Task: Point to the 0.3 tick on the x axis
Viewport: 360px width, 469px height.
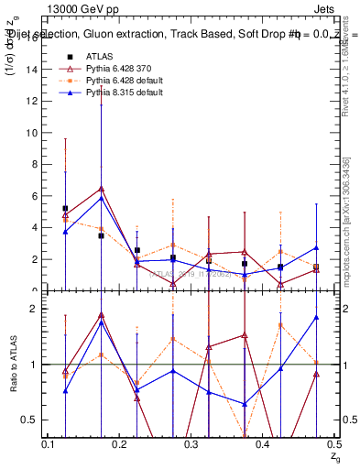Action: pyautogui.click(x=191, y=444)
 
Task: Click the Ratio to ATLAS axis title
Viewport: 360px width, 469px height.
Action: pyautogui.click(x=12, y=365)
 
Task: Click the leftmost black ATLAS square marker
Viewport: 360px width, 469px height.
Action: pyautogui.click(x=65, y=208)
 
